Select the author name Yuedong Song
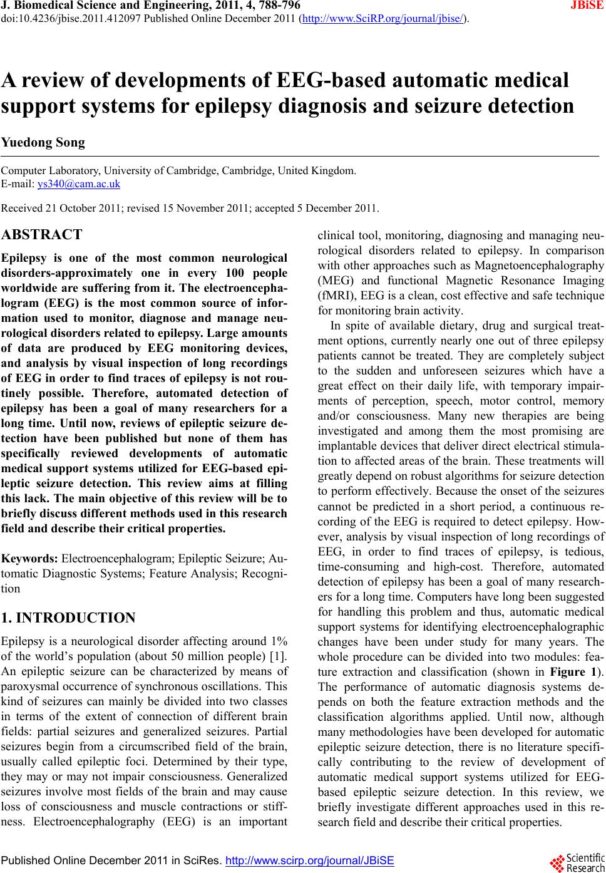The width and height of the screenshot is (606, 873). pos(43,142)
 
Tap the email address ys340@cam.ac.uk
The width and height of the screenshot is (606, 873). pos(79,183)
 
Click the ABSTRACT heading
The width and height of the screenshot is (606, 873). pos(41,235)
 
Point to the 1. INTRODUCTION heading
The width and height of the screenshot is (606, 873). pos(68,618)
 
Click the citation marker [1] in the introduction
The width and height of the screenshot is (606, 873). pos(279,656)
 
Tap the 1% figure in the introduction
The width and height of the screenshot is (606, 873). pos(279,641)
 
